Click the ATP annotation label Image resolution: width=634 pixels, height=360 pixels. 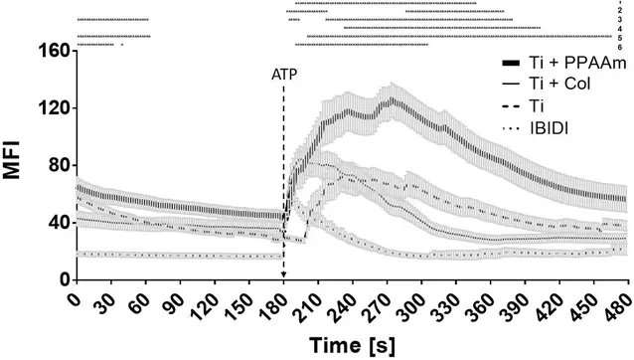284,74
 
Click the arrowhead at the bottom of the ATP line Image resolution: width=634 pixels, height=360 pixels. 283,275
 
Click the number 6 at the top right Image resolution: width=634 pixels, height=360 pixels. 619,47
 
